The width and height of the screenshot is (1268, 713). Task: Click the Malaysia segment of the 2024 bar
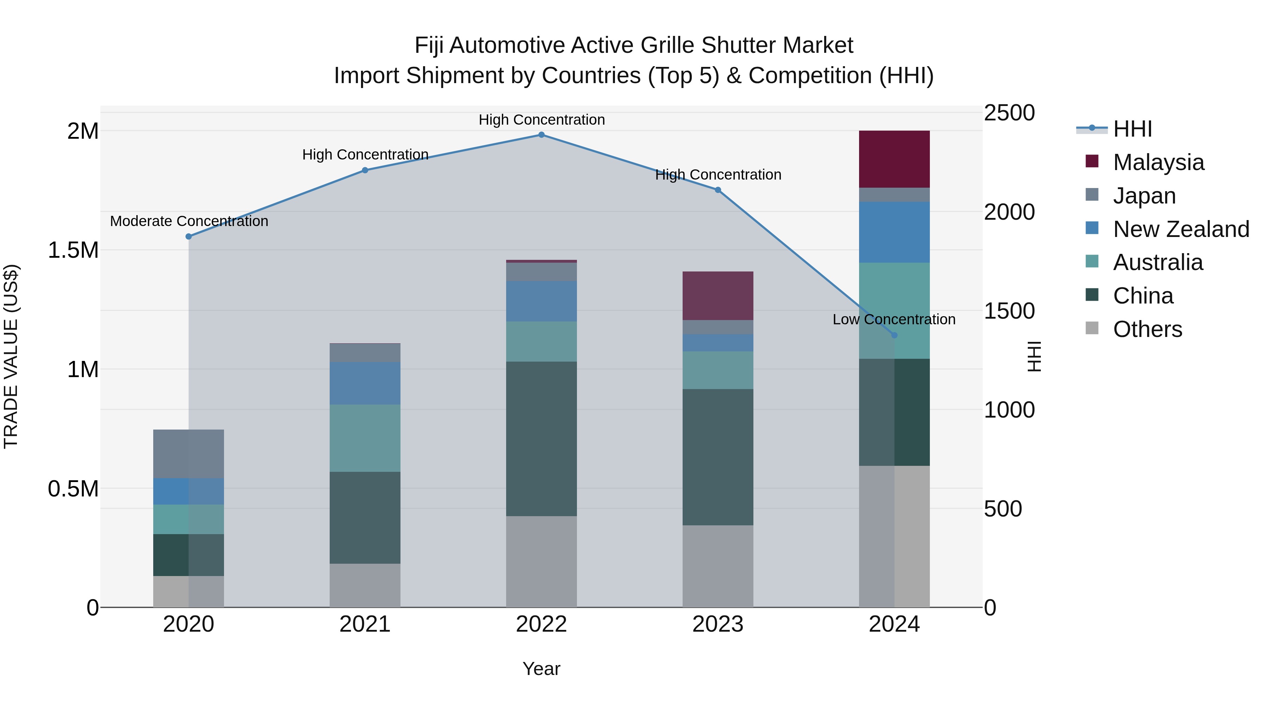point(894,159)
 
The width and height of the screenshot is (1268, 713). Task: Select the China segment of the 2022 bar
point(541,439)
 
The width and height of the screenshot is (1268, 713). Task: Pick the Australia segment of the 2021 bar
point(365,438)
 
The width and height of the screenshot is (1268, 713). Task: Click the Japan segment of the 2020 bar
point(188,454)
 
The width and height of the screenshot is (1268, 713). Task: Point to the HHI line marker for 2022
point(541,135)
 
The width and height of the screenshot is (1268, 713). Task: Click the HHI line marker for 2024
point(894,335)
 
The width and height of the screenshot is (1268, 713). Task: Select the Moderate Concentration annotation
point(189,221)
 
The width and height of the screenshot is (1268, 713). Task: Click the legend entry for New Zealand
point(1180,229)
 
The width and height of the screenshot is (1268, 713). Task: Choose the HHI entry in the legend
point(1132,129)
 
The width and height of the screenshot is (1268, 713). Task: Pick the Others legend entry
point(1147,329)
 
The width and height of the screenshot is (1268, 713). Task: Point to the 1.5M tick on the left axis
point(73,250)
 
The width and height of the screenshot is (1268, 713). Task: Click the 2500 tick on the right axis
point(1009,113)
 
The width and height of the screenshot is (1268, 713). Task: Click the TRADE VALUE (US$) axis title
point(11,356)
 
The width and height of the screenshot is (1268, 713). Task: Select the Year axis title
point(541,669)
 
